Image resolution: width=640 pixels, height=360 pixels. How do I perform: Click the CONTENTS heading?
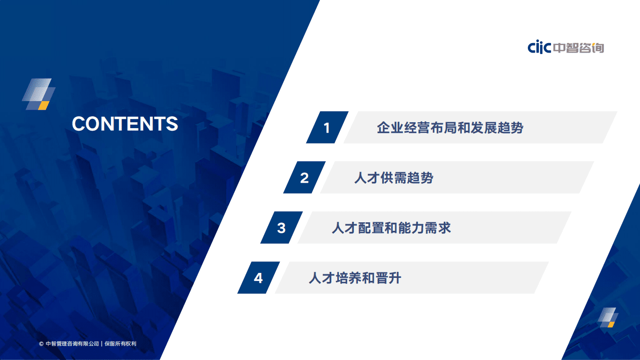(x=125, y=124)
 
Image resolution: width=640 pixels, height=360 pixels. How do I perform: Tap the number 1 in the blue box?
(x=327, y=128)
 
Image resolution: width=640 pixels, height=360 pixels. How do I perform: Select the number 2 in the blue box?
(x=304, y=178)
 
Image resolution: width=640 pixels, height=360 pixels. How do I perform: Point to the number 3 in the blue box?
(x=281, y=228)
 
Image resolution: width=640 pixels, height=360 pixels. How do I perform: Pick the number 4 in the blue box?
(x=258, y=278)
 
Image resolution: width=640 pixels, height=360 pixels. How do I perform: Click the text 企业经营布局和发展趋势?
(x=450, y=128)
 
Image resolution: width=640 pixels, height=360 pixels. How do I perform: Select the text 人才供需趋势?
(x=393, y=178)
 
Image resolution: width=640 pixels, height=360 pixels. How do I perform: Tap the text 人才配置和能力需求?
(x=391, y=228)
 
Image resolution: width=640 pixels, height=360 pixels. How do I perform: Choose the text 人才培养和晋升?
(x=355, y=278)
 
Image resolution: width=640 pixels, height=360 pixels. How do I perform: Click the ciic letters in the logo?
(x=539, y=48)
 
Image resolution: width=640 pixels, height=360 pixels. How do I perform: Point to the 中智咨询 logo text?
(x=578, y=48)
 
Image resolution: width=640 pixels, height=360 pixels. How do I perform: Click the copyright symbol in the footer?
(x=41, y=344)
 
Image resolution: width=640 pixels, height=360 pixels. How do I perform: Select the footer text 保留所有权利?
(x=120, y=344)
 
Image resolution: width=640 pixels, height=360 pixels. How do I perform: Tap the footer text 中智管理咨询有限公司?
(x=72, y=344)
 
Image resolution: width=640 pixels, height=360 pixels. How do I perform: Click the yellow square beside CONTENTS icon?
(x=44, y=105)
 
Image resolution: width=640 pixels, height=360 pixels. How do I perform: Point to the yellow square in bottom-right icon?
(x=611, y=324)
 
